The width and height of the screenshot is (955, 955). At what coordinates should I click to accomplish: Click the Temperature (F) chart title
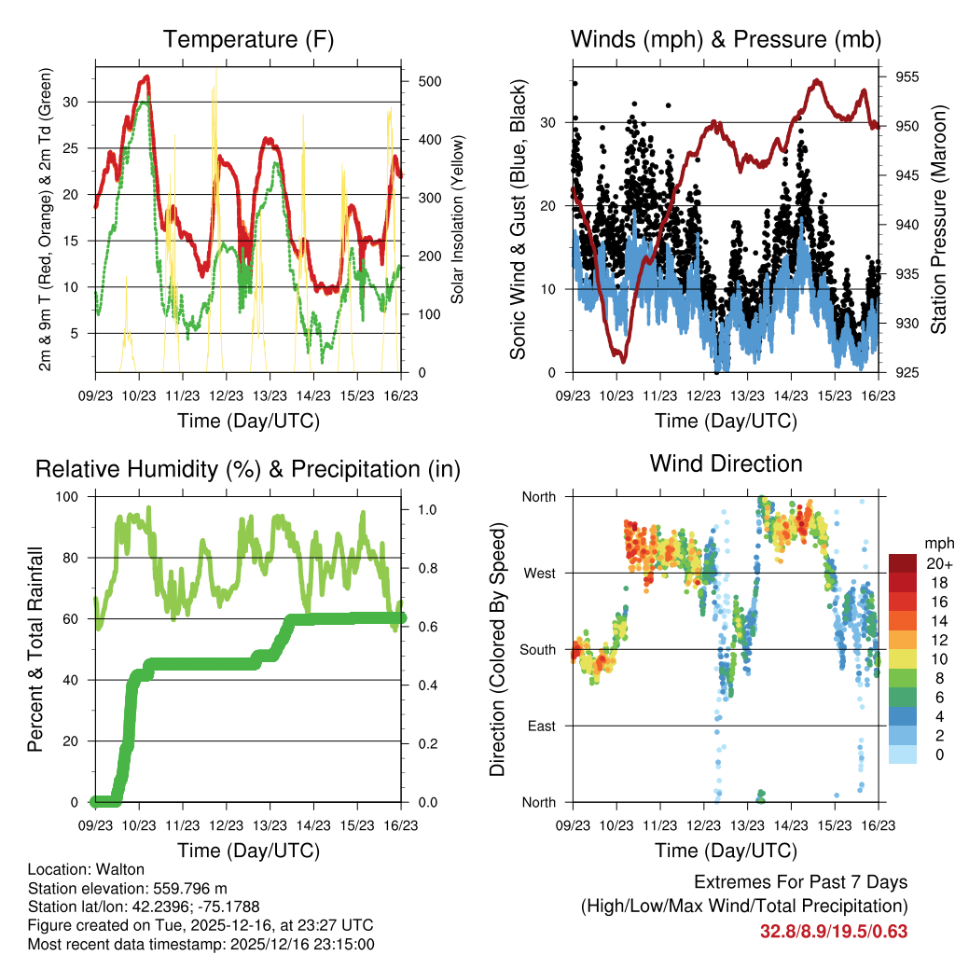click(248, 39)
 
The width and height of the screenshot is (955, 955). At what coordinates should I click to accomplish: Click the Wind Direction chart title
click(726, 463)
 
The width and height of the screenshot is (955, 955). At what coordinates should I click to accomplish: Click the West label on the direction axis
click(538, 573)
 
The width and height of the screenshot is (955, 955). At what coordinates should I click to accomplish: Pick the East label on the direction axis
click(540, 726)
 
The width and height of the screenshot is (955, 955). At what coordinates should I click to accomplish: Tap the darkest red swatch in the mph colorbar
click(903, 562)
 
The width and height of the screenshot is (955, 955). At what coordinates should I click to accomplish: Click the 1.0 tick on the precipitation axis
click(427, 510)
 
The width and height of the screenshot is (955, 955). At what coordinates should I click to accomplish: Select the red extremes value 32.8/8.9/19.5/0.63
click(834, 932)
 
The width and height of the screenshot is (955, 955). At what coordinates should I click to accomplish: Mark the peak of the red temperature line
click(146, 76)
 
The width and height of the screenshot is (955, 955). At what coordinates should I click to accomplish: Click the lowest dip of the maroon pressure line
click(623, 360)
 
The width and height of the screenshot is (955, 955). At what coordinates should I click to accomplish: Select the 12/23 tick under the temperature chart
click(226, 396)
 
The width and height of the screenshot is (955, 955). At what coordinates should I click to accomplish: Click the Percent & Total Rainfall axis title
click(35, 649)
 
